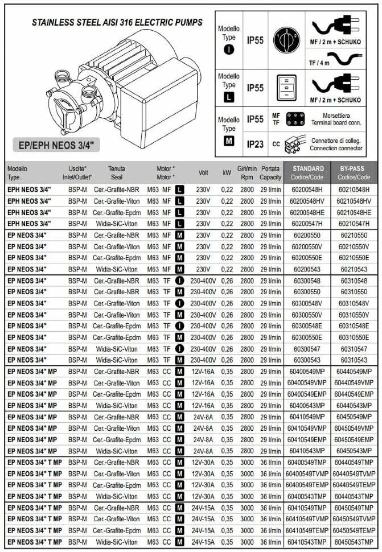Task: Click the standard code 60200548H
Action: (306, 190)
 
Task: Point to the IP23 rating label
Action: (255, 144)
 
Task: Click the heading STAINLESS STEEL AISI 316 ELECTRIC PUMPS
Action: (117, 23)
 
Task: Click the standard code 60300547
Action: (306, 349)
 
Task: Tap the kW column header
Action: (227, 172)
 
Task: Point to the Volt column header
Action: (203, 172)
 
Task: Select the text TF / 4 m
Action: (319, 61)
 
